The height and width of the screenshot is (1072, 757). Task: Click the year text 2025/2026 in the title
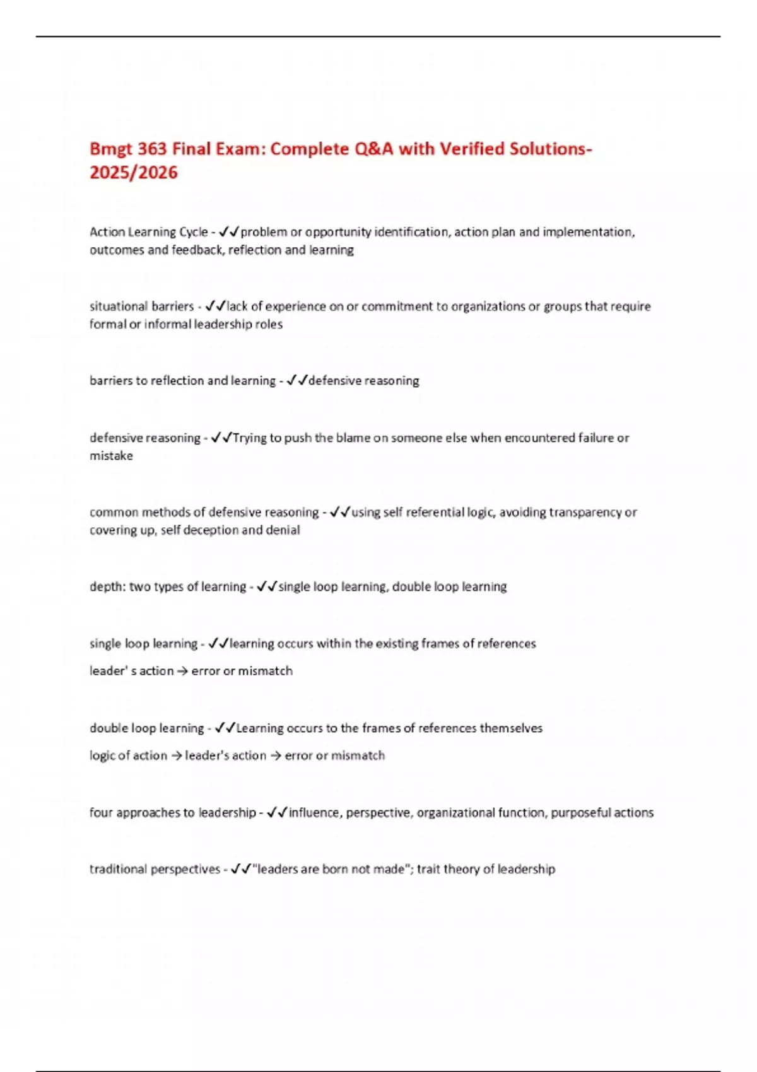pyautogui.click(x=134, y=173)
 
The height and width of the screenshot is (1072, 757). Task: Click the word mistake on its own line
pyautogui.click(x=111, y=455)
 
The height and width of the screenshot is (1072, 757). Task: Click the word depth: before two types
pyautogui.click(x=108, y=586)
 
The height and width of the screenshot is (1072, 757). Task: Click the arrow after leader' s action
pyautogui.click(x=182, y=671)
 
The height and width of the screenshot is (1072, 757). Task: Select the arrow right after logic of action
pyautogui.click(x=176, y=755)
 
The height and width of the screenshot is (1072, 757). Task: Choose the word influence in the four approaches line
pyautogui.click(x=315, y=812)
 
